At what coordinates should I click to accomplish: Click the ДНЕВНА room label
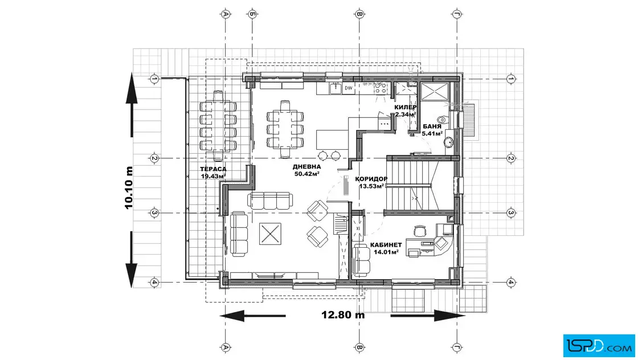pos(307,167)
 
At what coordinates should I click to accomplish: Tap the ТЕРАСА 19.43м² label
pos(213,173)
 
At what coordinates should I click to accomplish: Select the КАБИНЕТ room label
pos(386,245)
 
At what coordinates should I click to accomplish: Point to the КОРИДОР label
pos(371,179)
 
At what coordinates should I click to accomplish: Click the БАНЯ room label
pos(432,126)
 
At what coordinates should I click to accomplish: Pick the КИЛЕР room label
pos(405,108)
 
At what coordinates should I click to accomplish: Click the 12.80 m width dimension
pos(343,315)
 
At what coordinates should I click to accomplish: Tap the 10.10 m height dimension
pos(129,187)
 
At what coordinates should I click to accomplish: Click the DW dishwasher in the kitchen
pos(349,88)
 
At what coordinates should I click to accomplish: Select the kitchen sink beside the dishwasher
pos(335,88)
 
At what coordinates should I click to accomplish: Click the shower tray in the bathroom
pos(435,91)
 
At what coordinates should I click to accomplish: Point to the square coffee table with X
pos(270,234)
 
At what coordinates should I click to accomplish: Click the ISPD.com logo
pos(599,346)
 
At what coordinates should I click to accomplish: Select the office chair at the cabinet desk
pos(419,231)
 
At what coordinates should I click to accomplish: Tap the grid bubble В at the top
pos(359,14)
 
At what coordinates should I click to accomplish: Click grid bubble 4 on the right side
pos(512,282)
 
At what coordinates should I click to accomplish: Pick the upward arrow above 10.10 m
pos(132,105)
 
